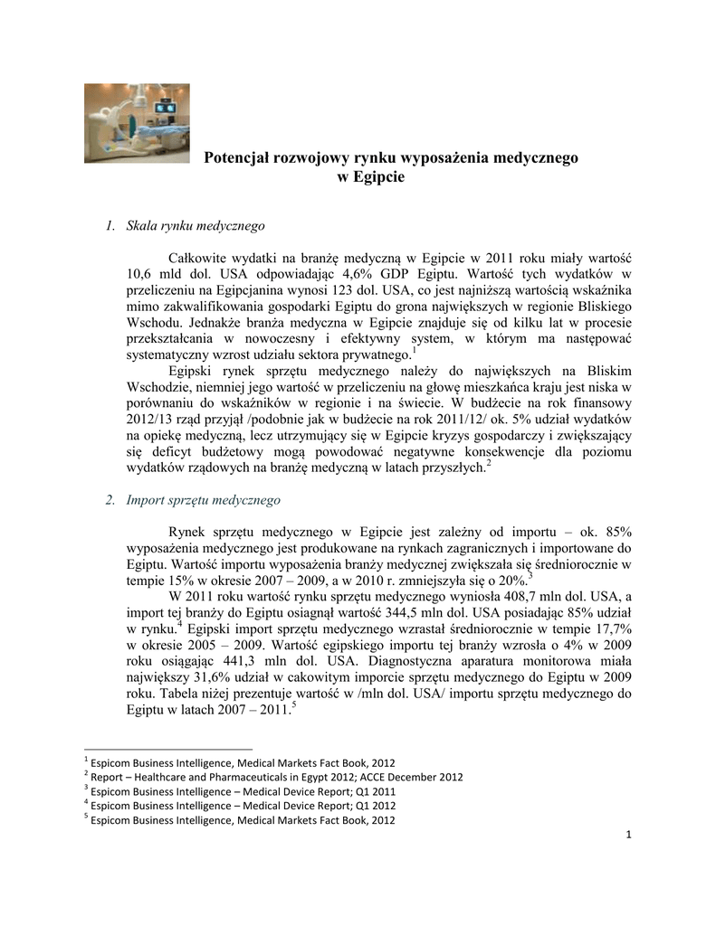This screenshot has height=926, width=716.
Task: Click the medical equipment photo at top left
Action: pyautogui.click(x=137, y=123)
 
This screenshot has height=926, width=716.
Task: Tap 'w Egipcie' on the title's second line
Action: pyautogui.click(x=370, y=177)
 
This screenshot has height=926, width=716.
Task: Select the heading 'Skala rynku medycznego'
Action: pyautogui.click(x=195, y=224)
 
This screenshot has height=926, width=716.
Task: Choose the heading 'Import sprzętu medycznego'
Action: pyautogui.click(x=204, y=499)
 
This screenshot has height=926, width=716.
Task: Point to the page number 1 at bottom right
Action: pyautogui.click(x=627, y=833)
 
